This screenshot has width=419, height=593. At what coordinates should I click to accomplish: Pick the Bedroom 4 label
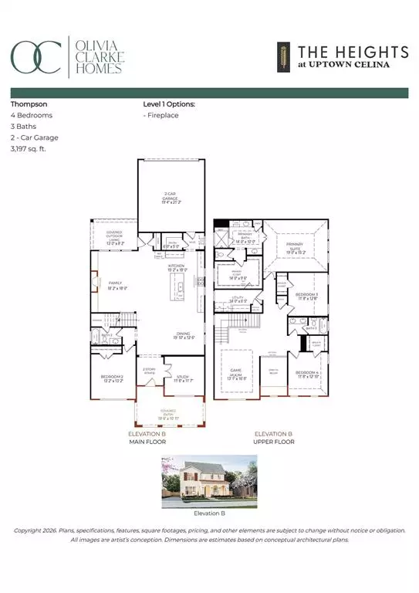[306, 374]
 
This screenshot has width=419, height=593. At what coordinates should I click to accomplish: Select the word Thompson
[28, 102]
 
